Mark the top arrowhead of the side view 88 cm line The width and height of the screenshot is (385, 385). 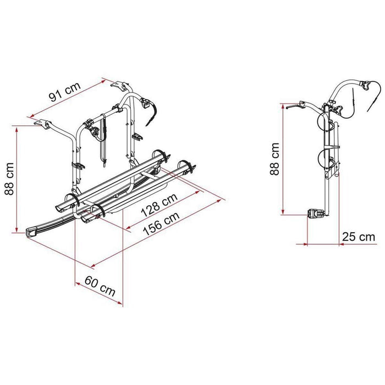click(282, 104)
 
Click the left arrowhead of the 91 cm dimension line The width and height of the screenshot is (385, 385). click(31, 117)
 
